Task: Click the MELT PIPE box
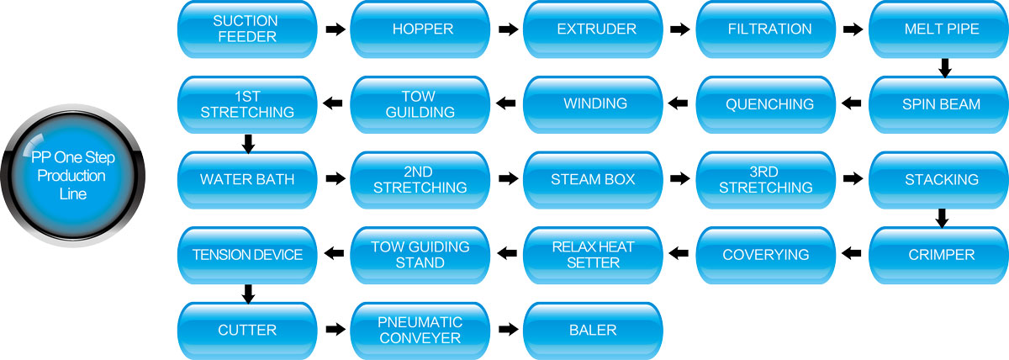pyautogui.click(x=938, y=29)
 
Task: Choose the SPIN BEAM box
pyautogui.click(x=938, y=104)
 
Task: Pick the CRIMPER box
pyautogui.click(x=938, y=254)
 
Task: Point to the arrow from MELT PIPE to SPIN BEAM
pyautogui.click(x=944, y=67)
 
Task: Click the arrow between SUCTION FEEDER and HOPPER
pyautogui.click(x=335, y=29)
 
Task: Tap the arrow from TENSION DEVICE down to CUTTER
pyautogui.click(x=247, y=293)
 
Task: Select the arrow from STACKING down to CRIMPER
pyautogui.click(x=942, y=218)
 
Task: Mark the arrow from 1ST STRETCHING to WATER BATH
pyautogui.click(x=247, y=143)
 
